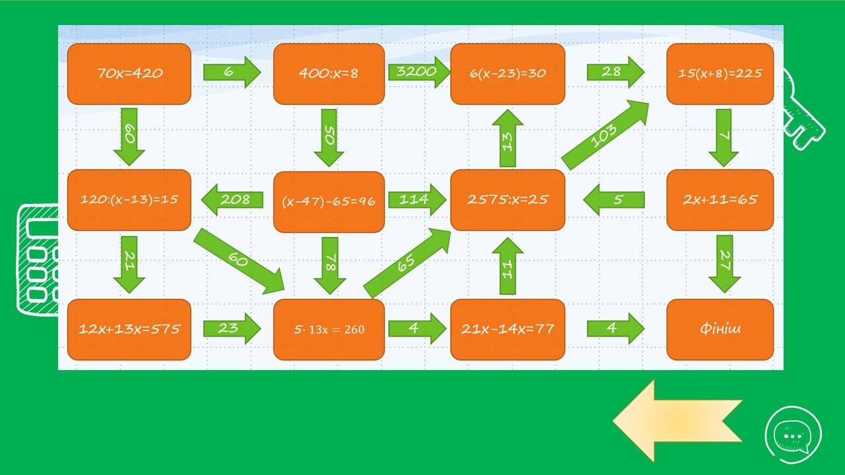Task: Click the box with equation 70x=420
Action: coord(129,74)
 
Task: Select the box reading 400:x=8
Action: coord(329,74)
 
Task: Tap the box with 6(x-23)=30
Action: coord(508,74)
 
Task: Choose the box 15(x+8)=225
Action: coord(720,74)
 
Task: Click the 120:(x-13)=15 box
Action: coord(129,200)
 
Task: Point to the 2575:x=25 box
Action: coord(508,200)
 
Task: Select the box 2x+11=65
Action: coord(720,200)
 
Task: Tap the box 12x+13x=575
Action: coord(129,329)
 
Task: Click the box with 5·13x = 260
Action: coord(329,329)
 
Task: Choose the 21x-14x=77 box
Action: coord(508,329)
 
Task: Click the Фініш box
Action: coord(720,329)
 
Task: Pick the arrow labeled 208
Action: coord(232,199)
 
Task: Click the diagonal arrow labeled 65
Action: coord(407,263)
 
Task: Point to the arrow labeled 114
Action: coord(417,199)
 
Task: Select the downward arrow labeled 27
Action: coord(725,263)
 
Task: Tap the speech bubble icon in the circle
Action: coord(793,434)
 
